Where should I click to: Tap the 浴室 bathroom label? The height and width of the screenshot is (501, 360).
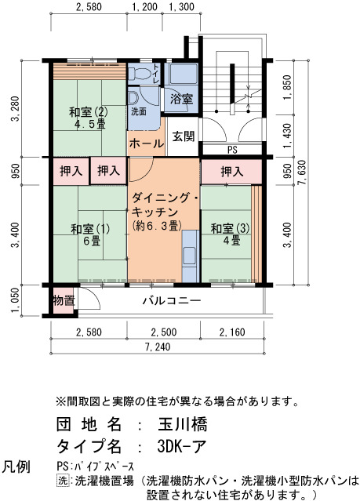click(x=182, y=99)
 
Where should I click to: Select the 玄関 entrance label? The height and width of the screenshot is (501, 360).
click(x=184, y=136)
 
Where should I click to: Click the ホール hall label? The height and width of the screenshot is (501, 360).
click(x=147, y=143)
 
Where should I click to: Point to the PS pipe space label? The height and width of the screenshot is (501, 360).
click(x=232, y=150)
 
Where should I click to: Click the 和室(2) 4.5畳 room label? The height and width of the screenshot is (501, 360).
click(x=89, y=118)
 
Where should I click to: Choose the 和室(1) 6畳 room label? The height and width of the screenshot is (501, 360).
click(x=90, y=234)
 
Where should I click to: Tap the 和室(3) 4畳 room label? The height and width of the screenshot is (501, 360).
click(x=230, y=234)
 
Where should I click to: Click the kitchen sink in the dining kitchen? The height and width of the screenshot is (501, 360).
click(x=190, y=256)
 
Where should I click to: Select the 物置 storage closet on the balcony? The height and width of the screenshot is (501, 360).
click(x=64, y=300)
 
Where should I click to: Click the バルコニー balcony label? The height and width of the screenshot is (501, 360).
click(x=172, y=300)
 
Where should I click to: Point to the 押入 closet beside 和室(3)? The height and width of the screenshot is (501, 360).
click(x=231, y=172)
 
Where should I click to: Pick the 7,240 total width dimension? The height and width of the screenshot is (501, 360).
click(x=158, y=347)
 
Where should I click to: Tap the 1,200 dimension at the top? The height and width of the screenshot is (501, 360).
click(x=145, y=7)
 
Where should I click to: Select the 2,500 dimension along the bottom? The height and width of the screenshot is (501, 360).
click(x=164, y=332)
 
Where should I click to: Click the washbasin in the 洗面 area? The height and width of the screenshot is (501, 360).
click(x=133, y=97)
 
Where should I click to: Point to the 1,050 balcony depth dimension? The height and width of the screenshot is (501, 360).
click(x=16, y=300)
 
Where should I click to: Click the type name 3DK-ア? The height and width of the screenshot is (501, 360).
click(x=182, y=445)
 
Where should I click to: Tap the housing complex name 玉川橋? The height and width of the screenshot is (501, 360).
click(x=183, y=425)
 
